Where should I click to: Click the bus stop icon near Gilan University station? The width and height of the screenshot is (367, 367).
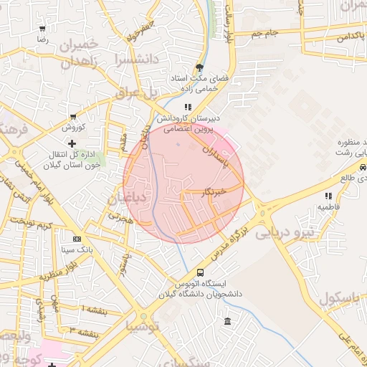tap(200, 272)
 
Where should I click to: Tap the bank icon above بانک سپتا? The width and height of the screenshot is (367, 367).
tap(77, 239)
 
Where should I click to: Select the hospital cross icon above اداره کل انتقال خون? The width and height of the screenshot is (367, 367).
tap(71, 144)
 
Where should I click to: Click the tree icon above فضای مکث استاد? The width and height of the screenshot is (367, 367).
tap(199, 67)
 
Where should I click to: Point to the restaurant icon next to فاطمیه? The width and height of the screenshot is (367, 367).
tap(328, 195)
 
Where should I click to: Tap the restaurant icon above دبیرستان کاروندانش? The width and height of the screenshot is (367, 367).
tap(189, 107)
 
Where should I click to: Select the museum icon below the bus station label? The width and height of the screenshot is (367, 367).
tap(227, 320)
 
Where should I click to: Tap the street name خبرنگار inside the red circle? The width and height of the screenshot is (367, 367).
tap(215, 191)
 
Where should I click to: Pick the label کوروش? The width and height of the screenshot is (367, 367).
tap(73, 128)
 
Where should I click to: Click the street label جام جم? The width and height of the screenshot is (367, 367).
tap(265, 33)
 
